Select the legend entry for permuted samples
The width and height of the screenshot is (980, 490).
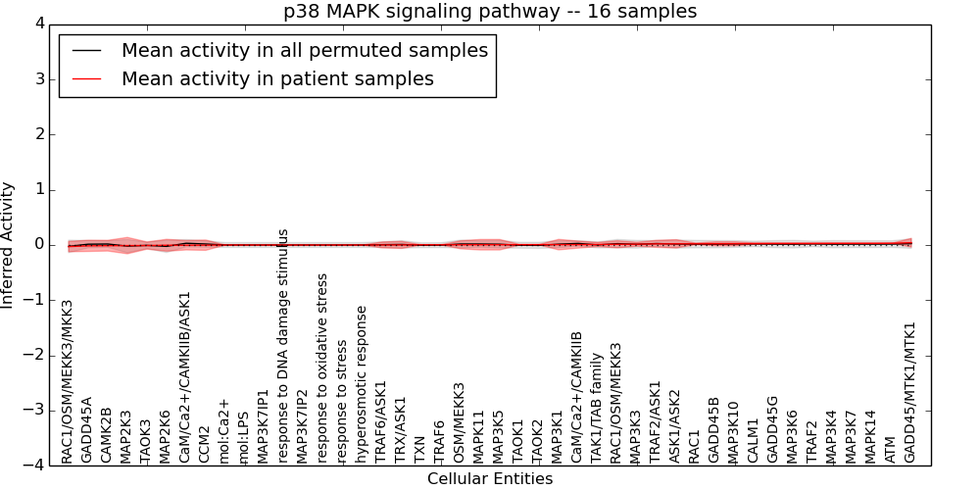click(304, 50)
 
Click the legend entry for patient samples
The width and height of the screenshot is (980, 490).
click(277, 78)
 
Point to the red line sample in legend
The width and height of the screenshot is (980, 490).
click(86, 78)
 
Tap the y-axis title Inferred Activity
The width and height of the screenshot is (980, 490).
click(9, 244)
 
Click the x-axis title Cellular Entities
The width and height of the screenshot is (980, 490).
click(490, 479)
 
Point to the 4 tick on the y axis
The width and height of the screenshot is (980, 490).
click(41, 24)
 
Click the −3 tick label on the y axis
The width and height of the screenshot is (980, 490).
click(36, 411)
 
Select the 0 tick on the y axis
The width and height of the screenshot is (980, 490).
click(41, 245)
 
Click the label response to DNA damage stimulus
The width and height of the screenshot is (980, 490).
click(283, 345)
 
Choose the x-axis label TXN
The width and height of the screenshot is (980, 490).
click(420, 449)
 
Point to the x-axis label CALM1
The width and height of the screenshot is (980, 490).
click(754, 440)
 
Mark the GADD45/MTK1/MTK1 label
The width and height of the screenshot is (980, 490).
click(910, 392)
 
